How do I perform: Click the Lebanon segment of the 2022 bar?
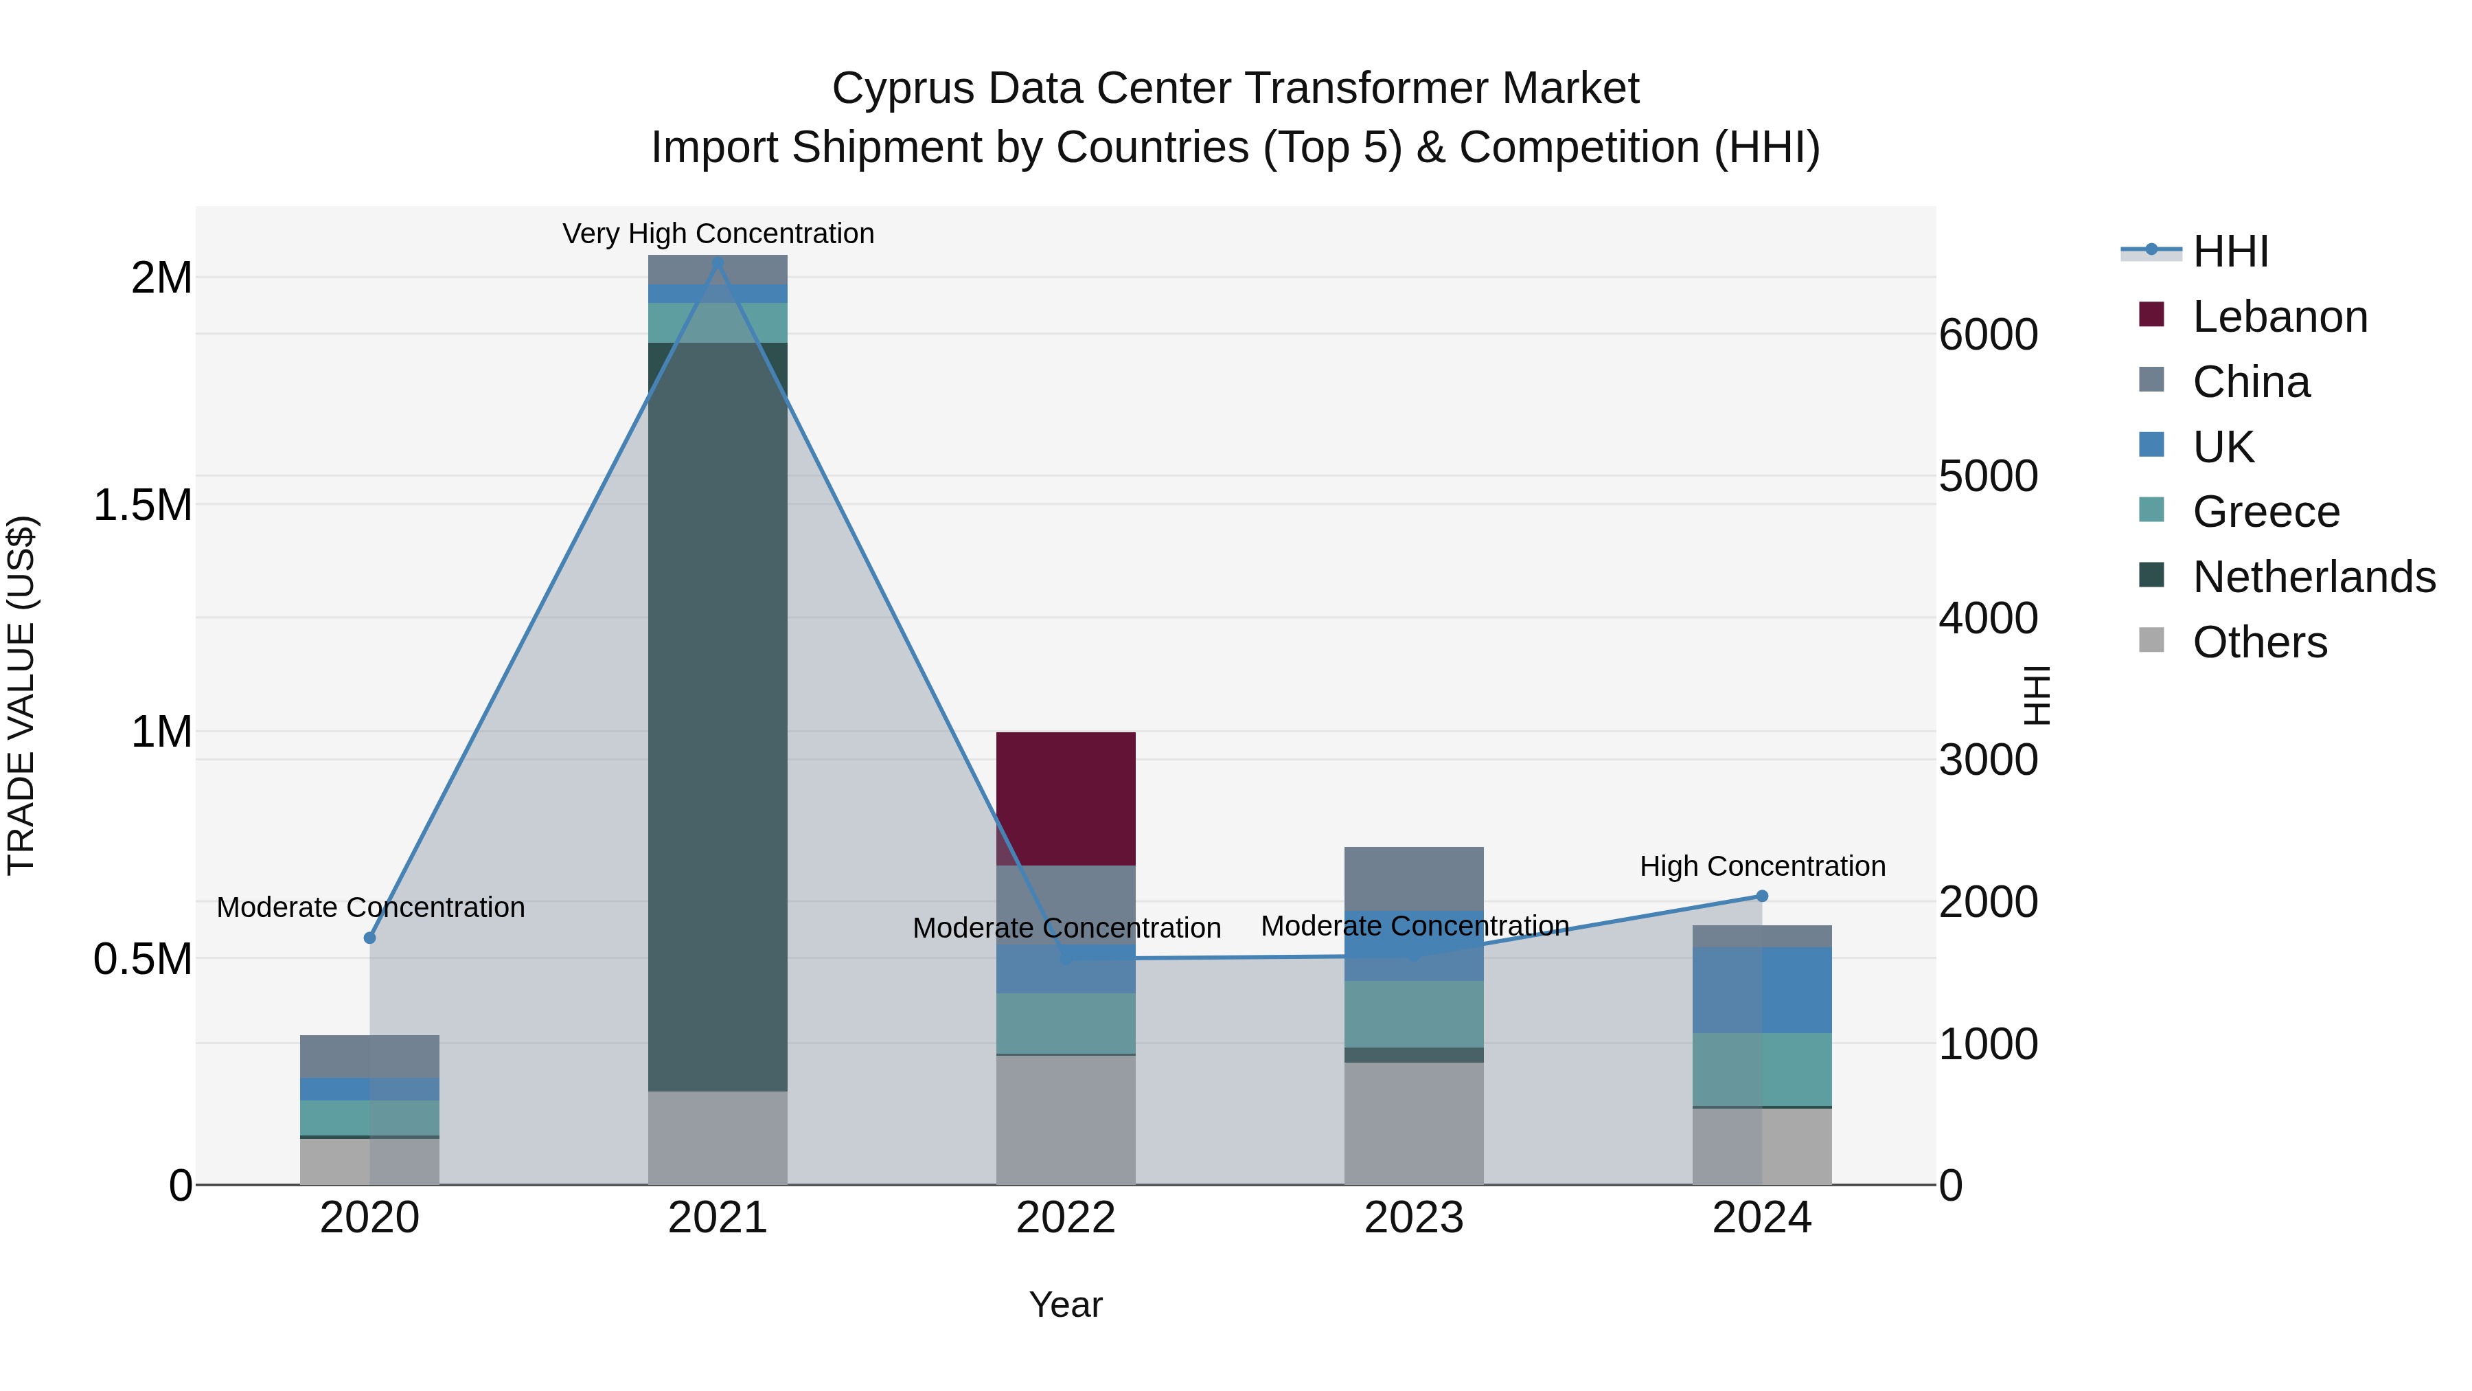1065,799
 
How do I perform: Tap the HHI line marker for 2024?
1762,896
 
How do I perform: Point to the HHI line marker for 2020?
369,938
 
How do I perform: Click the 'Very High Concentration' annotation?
718,234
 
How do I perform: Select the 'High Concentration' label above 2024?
1762,866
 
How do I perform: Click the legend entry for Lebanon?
2279,317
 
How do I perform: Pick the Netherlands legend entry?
2313,577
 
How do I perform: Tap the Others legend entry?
2259,642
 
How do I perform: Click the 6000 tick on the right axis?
1989,335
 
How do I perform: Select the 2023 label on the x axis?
1414,1218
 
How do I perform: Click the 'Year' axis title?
1065,1304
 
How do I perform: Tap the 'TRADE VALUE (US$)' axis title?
21,695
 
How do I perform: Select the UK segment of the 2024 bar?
1762,990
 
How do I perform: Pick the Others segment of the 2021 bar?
718,1138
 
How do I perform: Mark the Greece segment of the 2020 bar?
369,1118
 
